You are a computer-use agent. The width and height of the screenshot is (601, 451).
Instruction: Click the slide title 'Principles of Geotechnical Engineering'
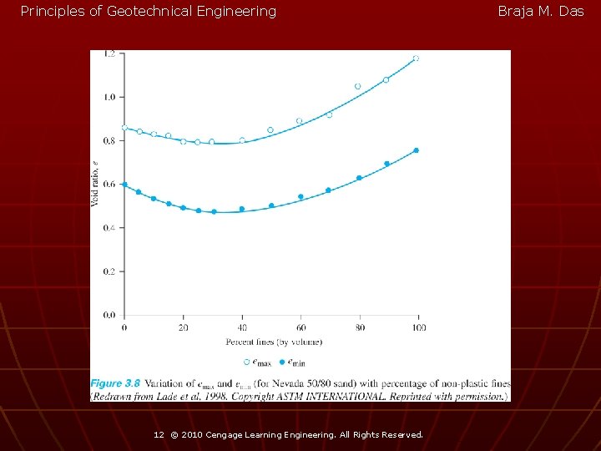pos(148,12)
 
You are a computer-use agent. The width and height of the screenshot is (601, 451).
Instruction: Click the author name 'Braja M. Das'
pos(540,12)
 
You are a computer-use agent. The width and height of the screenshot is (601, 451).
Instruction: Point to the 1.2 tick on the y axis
pos(109,54)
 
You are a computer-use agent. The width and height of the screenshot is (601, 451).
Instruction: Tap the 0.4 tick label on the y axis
pos(109,228)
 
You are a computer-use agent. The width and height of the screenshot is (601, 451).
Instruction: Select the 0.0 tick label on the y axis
pos(109,315)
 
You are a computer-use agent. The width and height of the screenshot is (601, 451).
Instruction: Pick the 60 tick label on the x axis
pos(300,327)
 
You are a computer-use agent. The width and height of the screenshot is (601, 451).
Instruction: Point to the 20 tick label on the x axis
pos(183,327)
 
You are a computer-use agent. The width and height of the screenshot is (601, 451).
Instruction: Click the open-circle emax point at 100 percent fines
pos(416,58)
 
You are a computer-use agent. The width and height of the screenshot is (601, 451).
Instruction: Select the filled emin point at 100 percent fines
pos(416,150)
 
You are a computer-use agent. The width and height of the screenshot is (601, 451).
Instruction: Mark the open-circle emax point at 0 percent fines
pos(124,128)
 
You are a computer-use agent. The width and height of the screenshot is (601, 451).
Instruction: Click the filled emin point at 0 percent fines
pos(124,185)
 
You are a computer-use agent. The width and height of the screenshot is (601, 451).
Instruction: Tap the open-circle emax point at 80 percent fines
pos(357,86)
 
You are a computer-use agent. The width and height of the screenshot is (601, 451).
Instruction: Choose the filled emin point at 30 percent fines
pos(214,212)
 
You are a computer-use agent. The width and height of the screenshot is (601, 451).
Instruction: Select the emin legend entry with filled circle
pos(292,362)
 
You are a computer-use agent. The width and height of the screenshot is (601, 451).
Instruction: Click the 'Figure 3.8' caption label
pos(116,383)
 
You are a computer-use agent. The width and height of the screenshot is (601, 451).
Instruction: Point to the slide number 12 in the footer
pos(159,435)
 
